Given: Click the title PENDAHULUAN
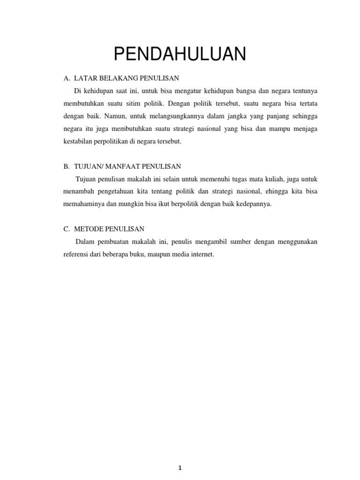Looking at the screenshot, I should (x=180, y=54).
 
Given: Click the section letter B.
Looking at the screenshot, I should (x=66, y=166).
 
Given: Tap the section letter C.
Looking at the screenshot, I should (x=66, y=229).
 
